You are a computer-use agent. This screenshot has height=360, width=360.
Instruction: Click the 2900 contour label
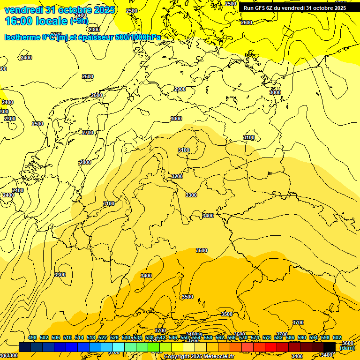[x=180, y=89]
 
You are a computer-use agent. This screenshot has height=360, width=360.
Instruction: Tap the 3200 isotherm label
[x=177, y=176]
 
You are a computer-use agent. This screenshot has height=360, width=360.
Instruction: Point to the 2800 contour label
[x=85, y=162]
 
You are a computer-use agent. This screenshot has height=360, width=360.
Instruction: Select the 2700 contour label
[x=88, y=133]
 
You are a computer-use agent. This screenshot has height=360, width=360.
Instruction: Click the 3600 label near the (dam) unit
[x=348, y=343]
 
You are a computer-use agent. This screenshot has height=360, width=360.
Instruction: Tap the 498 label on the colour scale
[x=32, y=338]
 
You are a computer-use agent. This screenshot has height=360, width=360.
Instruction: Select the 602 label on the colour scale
[x=337, y=338]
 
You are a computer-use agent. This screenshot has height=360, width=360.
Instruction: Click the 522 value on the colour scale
[x=103, y=338]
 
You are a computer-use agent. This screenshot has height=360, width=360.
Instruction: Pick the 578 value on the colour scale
[x=267, y=338]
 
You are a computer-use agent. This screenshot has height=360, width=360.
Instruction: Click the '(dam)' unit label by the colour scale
[x=347, y=348]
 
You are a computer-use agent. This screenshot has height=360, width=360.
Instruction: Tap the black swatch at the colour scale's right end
[x=329, y=347]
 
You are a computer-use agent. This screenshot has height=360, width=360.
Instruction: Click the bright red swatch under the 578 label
[x=270, y=347]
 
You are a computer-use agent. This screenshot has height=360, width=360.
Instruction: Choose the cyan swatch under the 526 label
[x=118, y=347]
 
